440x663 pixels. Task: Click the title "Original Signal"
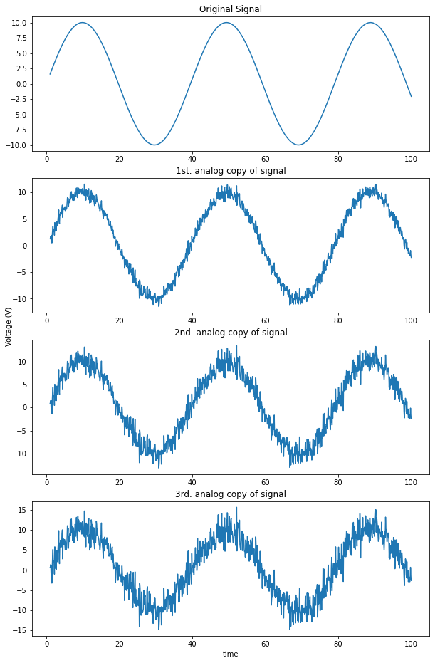(231, 9)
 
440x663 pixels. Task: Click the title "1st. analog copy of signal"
(231, 171)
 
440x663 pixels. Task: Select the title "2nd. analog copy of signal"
(231, 333)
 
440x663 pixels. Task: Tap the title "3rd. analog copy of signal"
(231, 494)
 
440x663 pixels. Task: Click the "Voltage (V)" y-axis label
(9, 327)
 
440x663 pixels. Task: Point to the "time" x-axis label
(231, 654)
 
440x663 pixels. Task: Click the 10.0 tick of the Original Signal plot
(19, 23)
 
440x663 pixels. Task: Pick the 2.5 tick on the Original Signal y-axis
(21, 69)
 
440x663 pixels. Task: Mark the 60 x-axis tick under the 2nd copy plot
(266, 482)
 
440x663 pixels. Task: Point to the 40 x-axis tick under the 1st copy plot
(192, 320)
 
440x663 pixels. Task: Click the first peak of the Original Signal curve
(83, 23)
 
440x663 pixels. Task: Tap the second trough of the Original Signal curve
(298, 145)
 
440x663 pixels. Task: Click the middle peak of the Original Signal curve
(226, 23)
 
